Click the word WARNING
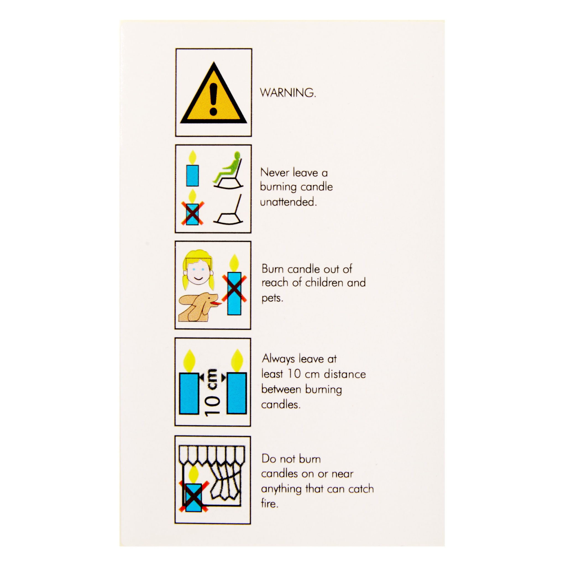point(288,93)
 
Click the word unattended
point(288,202)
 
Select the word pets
point(272,298)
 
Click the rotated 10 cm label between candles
point(213,392)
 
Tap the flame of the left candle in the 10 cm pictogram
point(189,361)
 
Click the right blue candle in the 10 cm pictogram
point(237,393)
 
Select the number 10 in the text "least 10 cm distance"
point(294,374)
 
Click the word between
point(281,389)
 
